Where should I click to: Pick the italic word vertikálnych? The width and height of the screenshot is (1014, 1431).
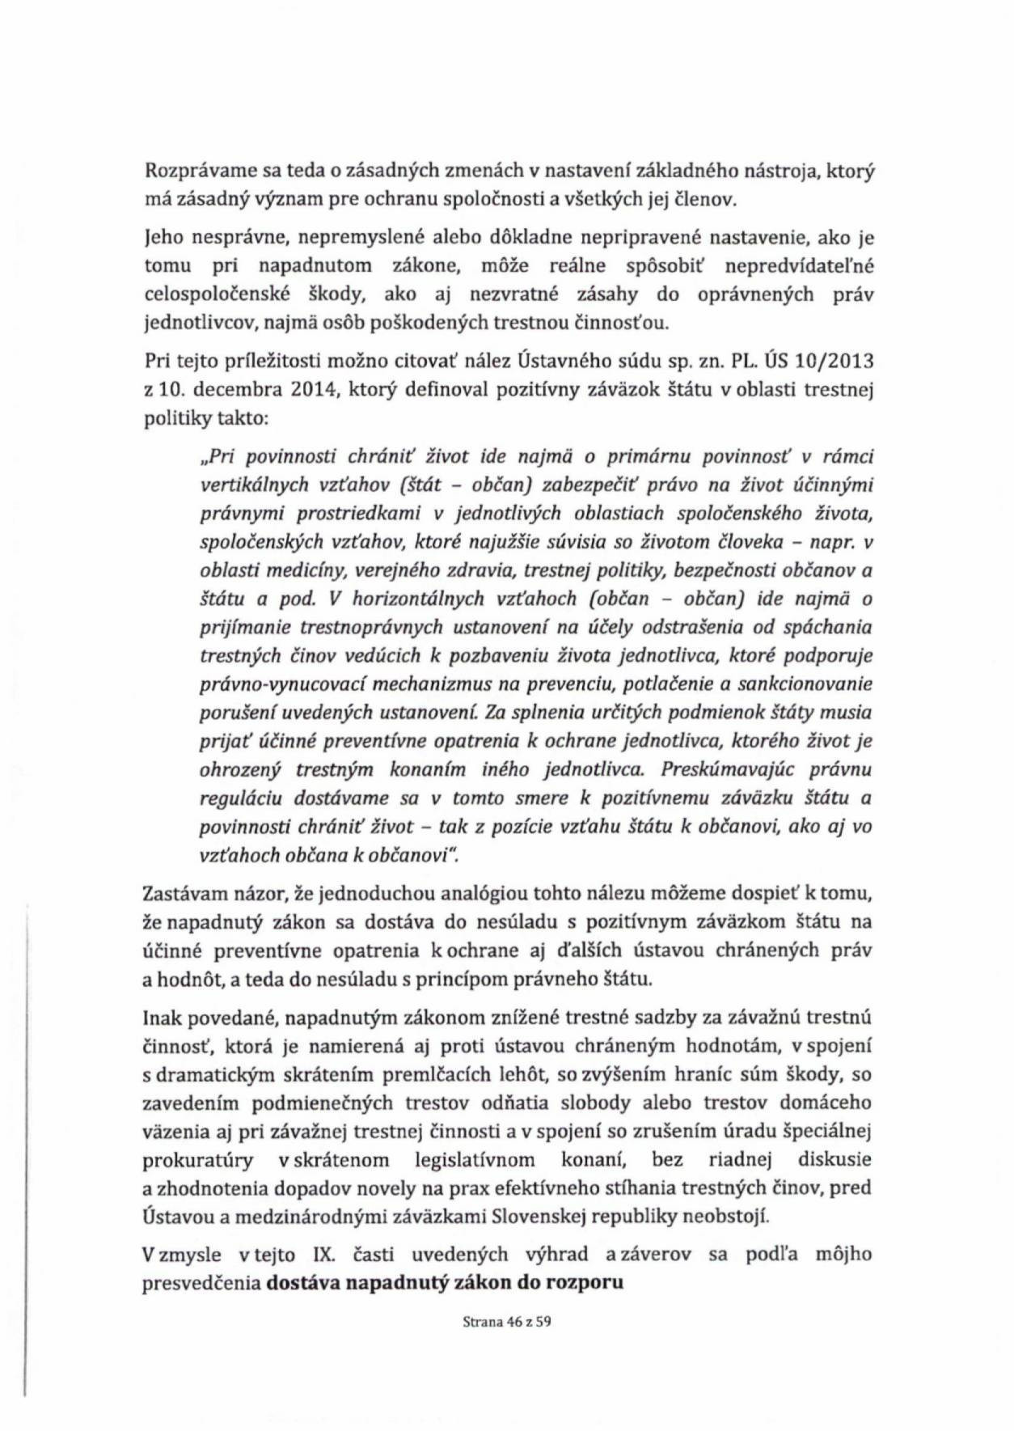click(x=247, y=485)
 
